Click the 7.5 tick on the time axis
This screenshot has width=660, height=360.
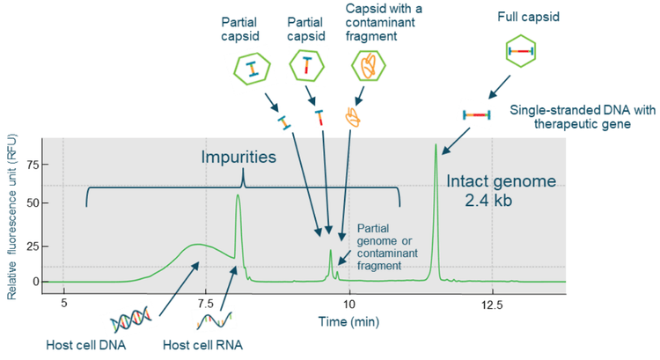pos(206,303)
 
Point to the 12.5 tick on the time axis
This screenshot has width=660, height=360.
pos(492,303)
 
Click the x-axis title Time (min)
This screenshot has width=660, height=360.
pos(348,322)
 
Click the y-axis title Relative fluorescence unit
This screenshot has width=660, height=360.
pos(11,217)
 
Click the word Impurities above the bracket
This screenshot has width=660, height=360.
pos(238,157)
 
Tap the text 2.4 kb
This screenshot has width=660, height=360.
pos(488,201)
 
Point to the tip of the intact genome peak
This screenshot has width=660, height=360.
pos(436,144)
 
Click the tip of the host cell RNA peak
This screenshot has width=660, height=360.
pos(238,195)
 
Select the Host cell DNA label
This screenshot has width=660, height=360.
pos(86,345)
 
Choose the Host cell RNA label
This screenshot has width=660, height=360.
pos(203,345)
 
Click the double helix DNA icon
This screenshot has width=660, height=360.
pos(131,320)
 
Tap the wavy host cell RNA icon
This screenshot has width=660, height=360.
pos(214,320)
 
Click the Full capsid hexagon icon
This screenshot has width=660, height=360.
pos(521,51)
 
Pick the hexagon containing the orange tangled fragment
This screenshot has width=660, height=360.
pos(369,65)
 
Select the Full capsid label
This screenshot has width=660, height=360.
pos(528,18)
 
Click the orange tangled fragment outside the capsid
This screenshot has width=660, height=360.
pos(353,117)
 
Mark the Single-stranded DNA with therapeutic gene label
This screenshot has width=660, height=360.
pos(583,117)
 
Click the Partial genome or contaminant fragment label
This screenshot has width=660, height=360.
pos(387,247)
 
